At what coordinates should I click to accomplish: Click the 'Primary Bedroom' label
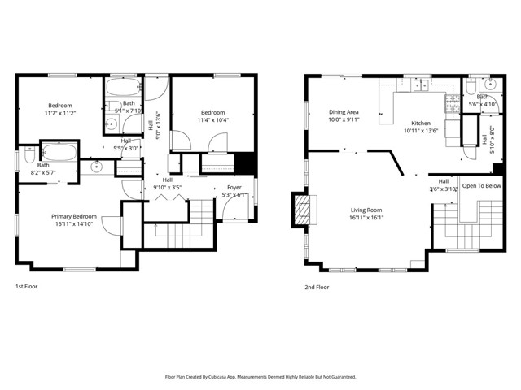coord(74,216)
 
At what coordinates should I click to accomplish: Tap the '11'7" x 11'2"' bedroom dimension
coord(60,114)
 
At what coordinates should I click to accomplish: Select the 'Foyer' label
coord(234,187)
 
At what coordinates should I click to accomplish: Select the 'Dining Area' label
coord(344,112)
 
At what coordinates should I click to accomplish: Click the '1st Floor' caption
coord(26,287)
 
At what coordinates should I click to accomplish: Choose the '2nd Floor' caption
coord(317,287)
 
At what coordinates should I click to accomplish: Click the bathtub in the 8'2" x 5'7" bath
coord(59,151)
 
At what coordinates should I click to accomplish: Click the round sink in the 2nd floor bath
coord(488,84)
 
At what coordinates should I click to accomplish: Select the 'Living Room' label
coord(366,210)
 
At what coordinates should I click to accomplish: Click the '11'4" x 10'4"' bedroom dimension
coord(212,120)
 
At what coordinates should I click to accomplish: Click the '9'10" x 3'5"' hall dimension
coord(167,187)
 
